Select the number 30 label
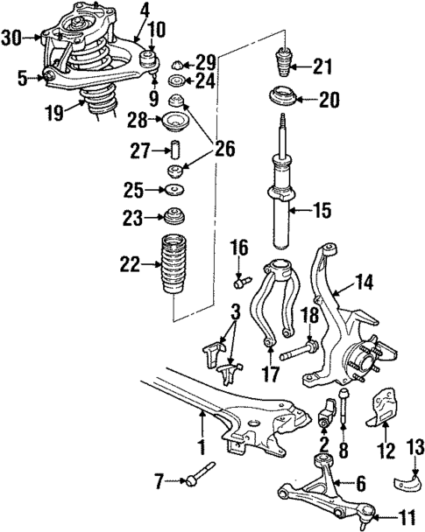click(11, 37)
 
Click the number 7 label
click(159, 479)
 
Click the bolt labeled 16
click(243, 281)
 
